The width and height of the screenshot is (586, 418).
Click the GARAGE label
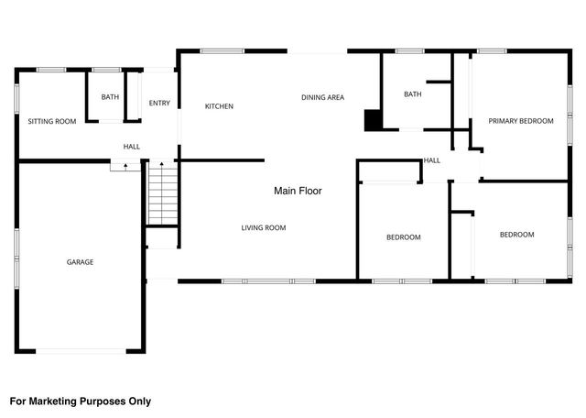pyautogui.click(x=80, y=262)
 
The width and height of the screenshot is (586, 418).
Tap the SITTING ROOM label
pyautogui.click(x=51, y=121)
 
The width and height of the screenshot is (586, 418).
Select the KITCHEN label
pyautogui.click(x=219, y=106)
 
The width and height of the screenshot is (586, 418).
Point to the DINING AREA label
pyautogui.click(x=322, y=97)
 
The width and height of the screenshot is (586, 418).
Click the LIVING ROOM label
pyautogui.click(x=264, y=227)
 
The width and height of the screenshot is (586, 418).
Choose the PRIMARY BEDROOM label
pyautogui.click(x=520, y=121)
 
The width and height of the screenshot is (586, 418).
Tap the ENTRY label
pyautogui.click(x=159, y=103)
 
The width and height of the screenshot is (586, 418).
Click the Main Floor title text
pyautogui.click(x=298, y=191)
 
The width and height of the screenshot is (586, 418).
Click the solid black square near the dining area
pyautogui.click(x=373, y=120)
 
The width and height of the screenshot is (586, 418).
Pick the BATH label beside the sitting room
pyautogui.click(x=110, y=97)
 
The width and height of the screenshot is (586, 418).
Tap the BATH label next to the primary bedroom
pyautogui.click(x=412, y=94)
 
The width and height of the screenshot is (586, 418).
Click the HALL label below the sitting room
pyautogui.click(x=132, y=147)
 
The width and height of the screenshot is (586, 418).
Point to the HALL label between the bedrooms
pyautogui.click(x=431, y=160)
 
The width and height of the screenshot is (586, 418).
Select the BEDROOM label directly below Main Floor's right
pyautogui.click(x=403, y=237)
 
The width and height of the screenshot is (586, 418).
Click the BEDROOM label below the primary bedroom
pyautogui.click(x=516, y=235)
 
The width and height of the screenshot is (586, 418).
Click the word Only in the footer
pyautogui.click(x=138, y=401)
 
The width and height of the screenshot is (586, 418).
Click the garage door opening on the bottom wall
pyautogui.click(x=81, y=351)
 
